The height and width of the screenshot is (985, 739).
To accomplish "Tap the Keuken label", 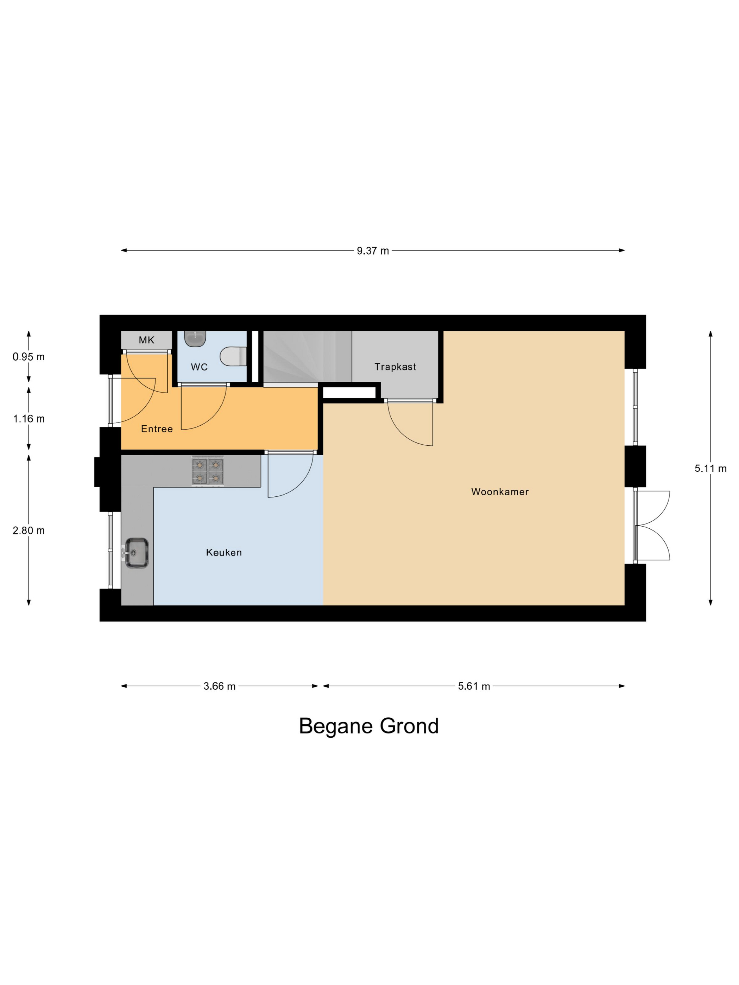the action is tap(223, 552).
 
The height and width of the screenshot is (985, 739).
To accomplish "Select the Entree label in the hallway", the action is tap(157, 429).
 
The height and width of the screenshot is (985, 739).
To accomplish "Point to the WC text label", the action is tap(199, 367).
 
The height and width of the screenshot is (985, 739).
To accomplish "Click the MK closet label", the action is tap(146, 340).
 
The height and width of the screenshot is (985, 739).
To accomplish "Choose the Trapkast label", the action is tap(395, 367).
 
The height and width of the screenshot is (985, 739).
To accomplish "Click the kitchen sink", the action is tap(136, 553).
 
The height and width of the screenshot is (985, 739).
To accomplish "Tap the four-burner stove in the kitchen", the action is tap(208, 471).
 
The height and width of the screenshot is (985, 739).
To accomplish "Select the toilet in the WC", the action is tap(233, 356).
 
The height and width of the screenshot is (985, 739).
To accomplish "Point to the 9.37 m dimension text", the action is tap(373, 251).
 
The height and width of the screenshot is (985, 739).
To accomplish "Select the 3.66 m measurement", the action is tap(220, 686).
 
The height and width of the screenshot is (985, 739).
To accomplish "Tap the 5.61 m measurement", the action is tap(474, 686).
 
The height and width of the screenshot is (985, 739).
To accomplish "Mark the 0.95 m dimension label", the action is tap(29, 357).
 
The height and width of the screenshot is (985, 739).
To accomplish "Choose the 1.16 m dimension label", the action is tap(29, 419).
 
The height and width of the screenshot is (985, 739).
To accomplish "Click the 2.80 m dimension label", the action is tap(29, 530).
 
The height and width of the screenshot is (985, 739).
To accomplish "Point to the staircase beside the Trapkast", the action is tap(307, 356).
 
